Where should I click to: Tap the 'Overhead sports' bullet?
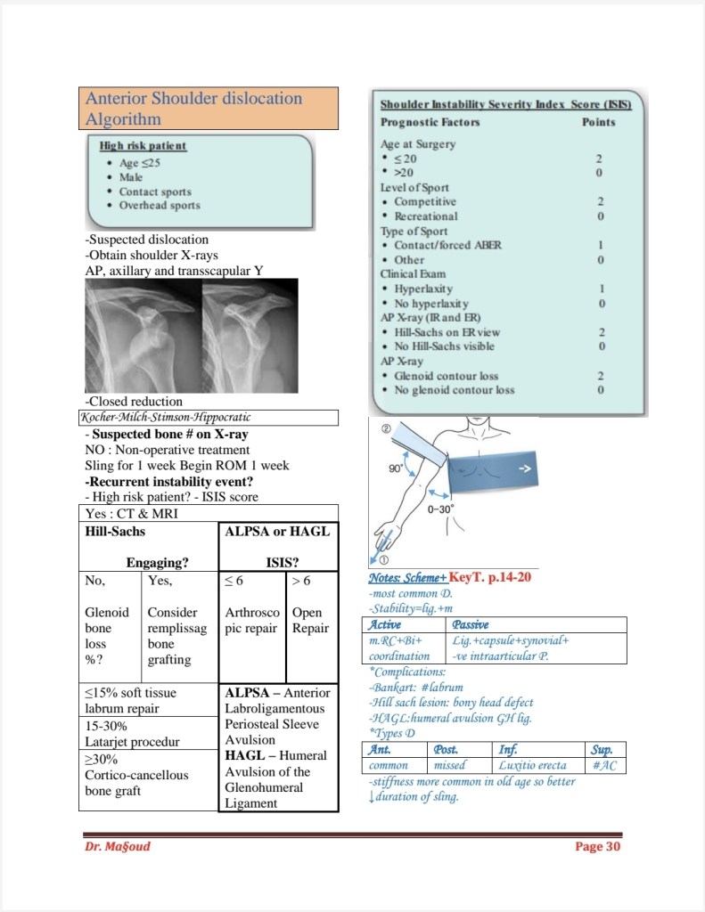coord(160,206)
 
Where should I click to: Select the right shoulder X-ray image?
coord(250,336)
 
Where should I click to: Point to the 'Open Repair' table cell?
coord(311,621)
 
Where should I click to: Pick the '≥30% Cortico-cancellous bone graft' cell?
coord(148,775)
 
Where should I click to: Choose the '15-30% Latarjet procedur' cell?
coord(148,734)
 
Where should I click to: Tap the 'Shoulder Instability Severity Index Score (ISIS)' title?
coord(505,104)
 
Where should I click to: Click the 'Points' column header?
coord(598,122)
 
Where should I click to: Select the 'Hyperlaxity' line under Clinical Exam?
coord(423,289)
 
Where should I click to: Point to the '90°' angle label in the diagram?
coord(397,468)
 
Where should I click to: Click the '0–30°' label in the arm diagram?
coord(440,509)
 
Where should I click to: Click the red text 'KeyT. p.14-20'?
coord(490,577)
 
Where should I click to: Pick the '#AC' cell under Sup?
coord(603,765)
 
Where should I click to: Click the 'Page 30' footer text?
coord(597,846)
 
